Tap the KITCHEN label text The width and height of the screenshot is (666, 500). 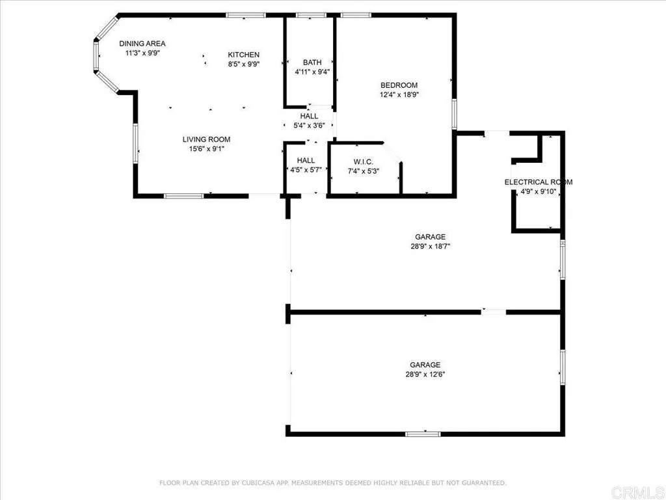tap(243, 55)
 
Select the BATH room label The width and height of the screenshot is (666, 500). tap(308, 62)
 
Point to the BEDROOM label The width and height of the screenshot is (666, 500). tap(399, 85)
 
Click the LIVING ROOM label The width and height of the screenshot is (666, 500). tap(206, 139)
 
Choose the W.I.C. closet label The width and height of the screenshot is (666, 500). tap(364, 161)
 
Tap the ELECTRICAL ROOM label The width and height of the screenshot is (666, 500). tap(538, 182)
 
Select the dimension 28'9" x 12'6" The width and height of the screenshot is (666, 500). tap(425, 374)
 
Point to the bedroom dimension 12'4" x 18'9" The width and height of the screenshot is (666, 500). tap(399, 94)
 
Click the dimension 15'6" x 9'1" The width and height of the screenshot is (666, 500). tap(206, 149)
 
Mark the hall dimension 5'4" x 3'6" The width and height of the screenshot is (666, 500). tap(310, 126)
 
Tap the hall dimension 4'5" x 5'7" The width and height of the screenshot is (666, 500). tap(306, 171)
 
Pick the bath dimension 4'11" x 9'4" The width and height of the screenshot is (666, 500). tap(308, 72)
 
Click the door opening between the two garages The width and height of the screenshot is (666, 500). tap(494, 312)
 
